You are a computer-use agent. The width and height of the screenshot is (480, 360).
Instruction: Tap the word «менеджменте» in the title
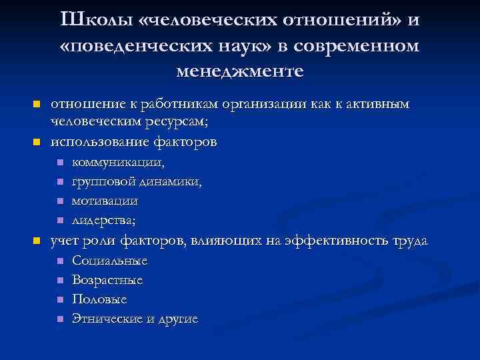[x=240, y=71]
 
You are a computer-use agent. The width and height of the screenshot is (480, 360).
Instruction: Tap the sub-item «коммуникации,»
[x=118, y=162]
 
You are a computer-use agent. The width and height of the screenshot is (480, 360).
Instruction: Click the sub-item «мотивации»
[x=105, y=201]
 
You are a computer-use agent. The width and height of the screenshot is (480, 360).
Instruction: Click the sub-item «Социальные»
[x=109, y=261]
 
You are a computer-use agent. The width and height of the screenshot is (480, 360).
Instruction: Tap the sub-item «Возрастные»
[x=107, y=280]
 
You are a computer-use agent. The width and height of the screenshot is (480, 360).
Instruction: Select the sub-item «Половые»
[x=99, y=300]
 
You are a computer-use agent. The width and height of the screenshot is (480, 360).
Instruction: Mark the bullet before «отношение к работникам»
[x=37, y=105]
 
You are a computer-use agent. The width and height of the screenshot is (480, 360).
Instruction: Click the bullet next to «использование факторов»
[x=37, y=142]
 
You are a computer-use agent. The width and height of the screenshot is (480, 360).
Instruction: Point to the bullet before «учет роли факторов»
[x=37, y=241]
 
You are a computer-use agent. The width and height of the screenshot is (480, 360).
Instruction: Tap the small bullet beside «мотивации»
[x=59, y=201]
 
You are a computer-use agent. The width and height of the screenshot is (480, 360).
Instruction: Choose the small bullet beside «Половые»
[x=59, y=300]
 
